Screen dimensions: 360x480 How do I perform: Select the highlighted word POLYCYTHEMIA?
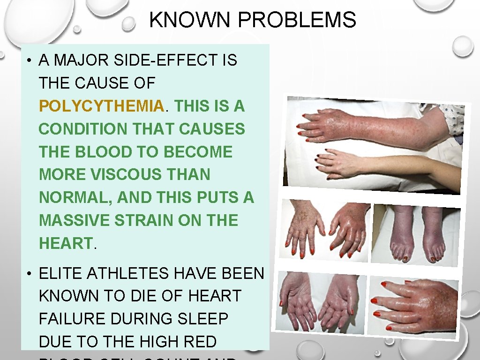tap(101, 106)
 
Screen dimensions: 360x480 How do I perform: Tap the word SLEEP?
tap(203, 319)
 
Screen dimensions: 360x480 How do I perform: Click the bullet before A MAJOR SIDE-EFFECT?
tap(29, 61)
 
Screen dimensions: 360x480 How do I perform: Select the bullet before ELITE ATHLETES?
tap(29, 274)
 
